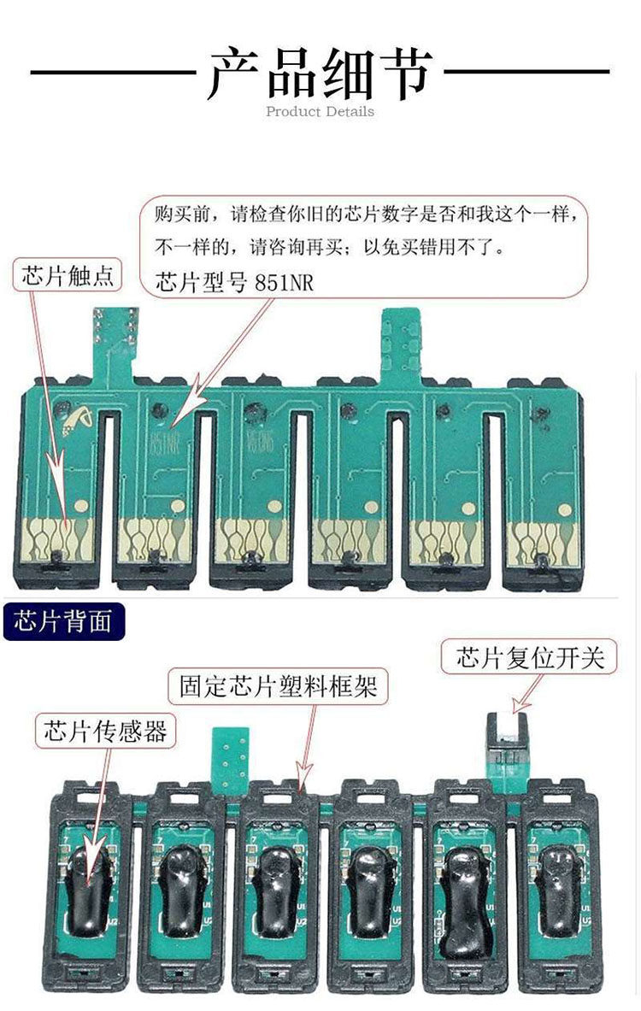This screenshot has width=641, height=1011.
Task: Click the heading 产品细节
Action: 320,73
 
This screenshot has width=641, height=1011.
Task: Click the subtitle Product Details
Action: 320,111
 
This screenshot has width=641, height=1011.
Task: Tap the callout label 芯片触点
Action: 69,275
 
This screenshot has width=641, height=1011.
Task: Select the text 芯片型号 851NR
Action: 235,283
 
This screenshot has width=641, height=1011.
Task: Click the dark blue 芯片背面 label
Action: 63,622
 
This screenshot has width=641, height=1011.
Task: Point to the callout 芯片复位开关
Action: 530,658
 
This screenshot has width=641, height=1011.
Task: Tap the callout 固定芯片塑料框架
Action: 278,685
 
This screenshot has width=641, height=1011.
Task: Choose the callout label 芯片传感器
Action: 105,732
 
